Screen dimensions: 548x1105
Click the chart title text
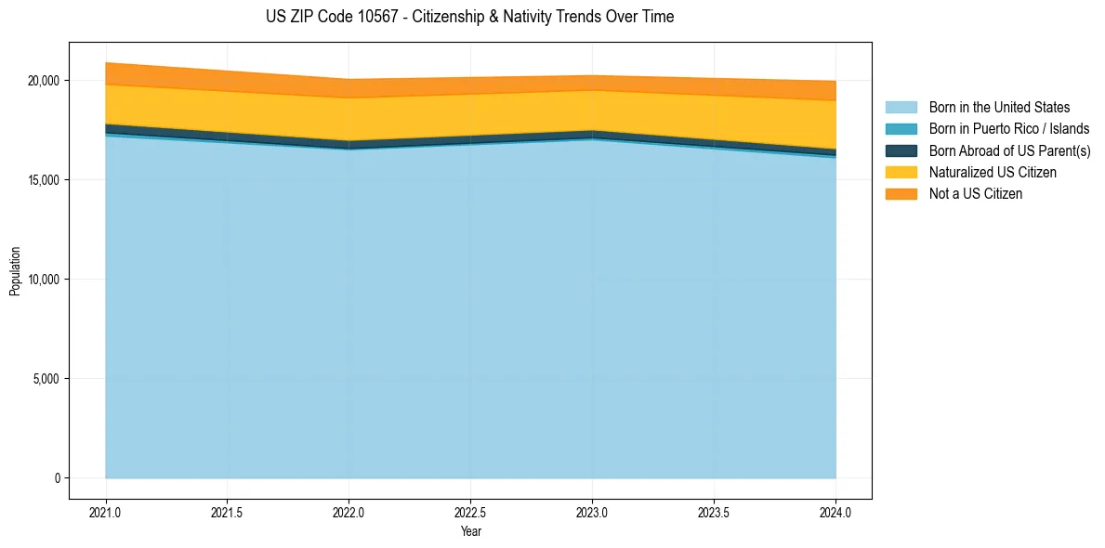point(469,17)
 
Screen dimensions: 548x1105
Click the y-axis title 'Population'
point(15,270)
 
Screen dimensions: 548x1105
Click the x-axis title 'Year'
point(471,531)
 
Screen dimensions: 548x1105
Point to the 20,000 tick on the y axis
point(44,81)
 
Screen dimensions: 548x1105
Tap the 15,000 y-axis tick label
point(44,180)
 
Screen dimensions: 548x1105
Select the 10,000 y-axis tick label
point(44,280)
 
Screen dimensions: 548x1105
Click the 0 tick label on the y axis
point(57,478)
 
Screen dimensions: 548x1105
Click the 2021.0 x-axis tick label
point(106,512)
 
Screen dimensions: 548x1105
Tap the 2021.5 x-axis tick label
point(228,512)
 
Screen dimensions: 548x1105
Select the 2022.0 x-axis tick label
point(349,512)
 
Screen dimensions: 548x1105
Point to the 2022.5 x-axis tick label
point(471,512)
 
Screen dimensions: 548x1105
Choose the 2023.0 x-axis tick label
point(592,512)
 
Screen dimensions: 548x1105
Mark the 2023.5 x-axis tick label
point(714,512)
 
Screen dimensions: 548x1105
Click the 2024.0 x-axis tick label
point(835,512)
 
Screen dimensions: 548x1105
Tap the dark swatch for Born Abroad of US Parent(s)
point(901,150)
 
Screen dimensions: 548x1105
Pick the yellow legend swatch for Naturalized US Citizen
point(901,173)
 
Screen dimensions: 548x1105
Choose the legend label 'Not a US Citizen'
point(976,194)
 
